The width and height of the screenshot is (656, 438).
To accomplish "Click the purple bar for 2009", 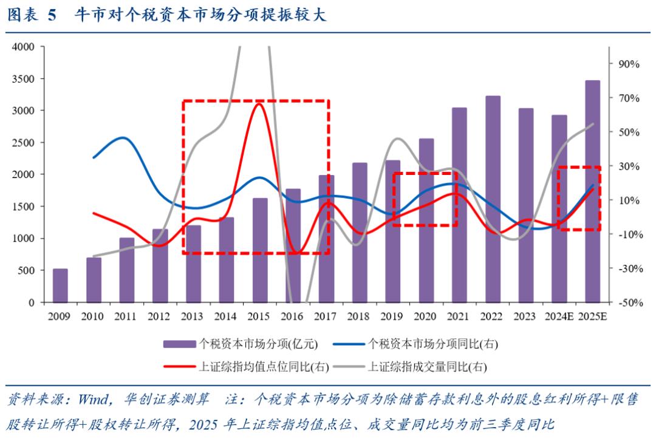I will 60,286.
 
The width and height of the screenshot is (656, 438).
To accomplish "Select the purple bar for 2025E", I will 592,191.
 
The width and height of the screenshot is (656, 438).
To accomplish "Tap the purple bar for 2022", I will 493,199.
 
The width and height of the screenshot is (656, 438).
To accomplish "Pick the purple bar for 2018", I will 360,233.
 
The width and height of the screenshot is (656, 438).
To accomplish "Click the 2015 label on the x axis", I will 259,317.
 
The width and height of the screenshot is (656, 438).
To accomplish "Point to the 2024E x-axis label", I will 559,317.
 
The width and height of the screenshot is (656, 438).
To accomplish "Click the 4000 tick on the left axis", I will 24,47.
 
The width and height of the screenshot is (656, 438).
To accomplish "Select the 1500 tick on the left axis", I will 24,207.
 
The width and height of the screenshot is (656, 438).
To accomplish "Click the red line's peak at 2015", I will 259,103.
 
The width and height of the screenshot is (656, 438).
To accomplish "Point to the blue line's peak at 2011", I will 123,137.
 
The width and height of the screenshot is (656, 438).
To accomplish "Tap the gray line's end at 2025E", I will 593,124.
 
